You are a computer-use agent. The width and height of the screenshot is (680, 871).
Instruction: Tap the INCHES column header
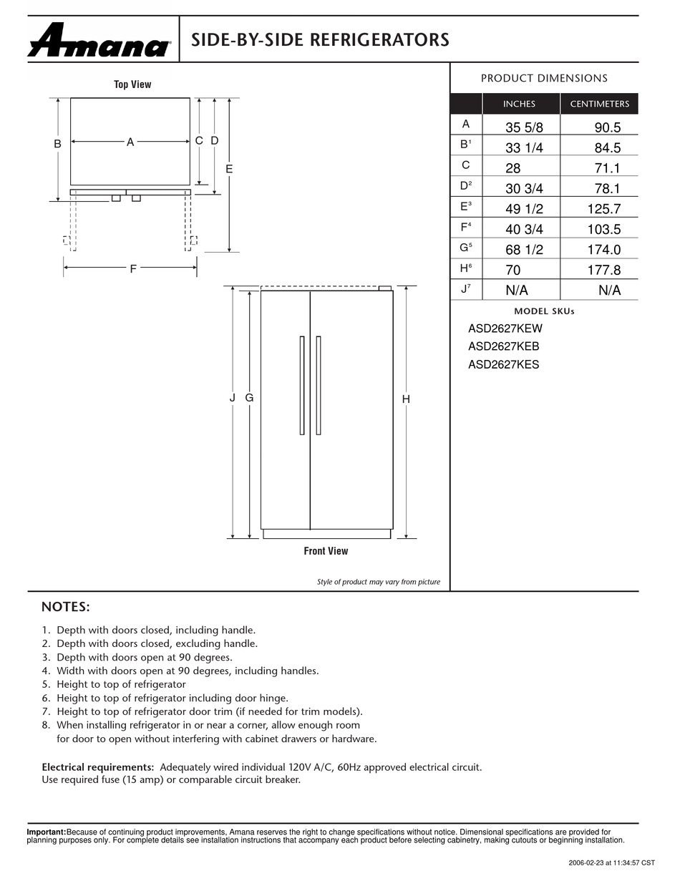coord(519,104)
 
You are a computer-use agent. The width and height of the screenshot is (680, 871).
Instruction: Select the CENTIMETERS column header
coord(599,104)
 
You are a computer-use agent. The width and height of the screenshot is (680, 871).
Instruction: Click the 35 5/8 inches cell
coord(519,128)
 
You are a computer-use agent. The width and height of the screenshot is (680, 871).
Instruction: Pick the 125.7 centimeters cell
coord(603,209)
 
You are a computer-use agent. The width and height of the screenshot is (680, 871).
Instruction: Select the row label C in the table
coord(466,165)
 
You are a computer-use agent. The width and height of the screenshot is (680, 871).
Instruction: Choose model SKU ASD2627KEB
coord(504,346)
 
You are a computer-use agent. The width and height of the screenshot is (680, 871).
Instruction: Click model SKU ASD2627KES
coord(504,364)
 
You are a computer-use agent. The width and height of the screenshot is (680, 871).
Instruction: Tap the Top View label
coord(132,84)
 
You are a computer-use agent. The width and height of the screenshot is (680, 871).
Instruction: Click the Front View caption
coord(326,551)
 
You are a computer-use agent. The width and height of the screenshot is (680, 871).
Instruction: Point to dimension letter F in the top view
coord(133,269)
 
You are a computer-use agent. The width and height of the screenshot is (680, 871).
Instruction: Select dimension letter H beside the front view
coord(406,399)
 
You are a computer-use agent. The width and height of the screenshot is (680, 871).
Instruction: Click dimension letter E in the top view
coord(229,169)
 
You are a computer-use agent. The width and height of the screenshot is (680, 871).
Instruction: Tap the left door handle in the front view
coord(302,385)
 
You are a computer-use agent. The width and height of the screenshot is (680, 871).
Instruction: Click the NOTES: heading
coord(66,607)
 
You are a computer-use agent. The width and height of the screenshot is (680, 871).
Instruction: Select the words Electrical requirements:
coord(98,767)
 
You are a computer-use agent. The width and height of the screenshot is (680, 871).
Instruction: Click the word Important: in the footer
coord(47,832)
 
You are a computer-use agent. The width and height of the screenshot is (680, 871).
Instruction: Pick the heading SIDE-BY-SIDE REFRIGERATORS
coord(320,40)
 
